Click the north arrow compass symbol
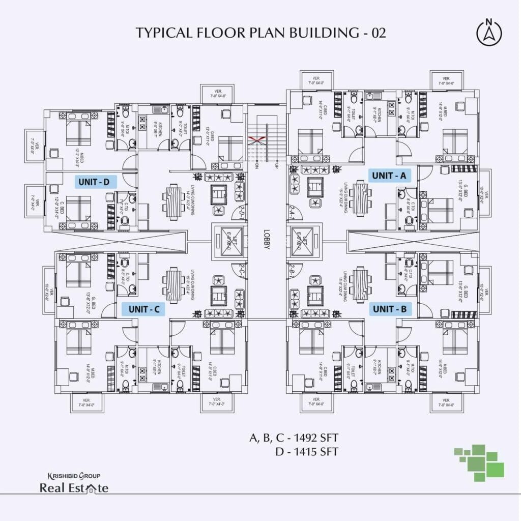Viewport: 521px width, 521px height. click(x=489, y=32)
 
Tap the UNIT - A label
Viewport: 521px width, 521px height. click(x=390, y=176)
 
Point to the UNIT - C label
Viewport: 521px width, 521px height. click(x=144, y=309)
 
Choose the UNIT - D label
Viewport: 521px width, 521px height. click(x=97, y=181)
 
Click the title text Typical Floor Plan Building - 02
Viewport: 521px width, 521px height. click(x=260, y=33)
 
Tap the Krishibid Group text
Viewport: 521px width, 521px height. click(x=74, y=476)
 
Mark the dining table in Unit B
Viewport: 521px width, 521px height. click(x=361, y=279)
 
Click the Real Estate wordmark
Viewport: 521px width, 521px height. click(x=74, y=488)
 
